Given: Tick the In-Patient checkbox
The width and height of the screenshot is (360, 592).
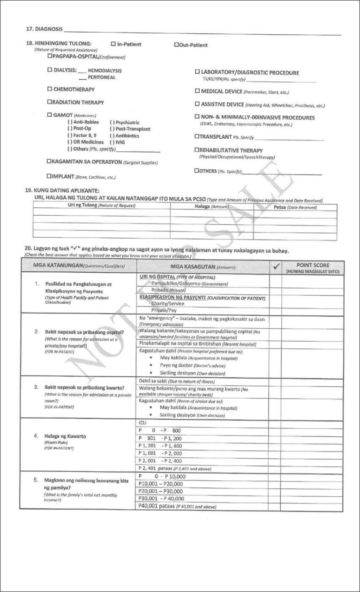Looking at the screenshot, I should (113, 44).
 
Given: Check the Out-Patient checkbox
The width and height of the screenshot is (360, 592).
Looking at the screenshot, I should (176, 45).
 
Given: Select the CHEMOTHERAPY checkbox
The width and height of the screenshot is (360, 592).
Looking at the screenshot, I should (49, 89).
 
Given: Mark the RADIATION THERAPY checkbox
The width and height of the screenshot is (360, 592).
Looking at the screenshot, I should (49, 102).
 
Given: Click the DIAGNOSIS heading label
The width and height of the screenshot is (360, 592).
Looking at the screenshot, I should (44, 29).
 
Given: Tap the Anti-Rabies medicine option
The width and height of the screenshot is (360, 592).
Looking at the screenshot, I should (83, 122).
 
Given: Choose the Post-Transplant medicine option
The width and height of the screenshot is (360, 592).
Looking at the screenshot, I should (130, 129).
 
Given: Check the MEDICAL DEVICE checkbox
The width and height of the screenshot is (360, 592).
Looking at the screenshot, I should (197, 91).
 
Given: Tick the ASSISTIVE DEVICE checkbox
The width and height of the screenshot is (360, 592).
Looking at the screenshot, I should (197, 105).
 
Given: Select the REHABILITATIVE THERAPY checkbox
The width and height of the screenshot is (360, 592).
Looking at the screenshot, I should (197, 150).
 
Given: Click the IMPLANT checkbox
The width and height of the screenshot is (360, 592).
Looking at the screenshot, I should (49, 176).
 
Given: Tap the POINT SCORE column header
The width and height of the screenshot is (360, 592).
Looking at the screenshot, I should (313, 268).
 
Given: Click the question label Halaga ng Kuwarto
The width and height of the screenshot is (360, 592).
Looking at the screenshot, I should (65, 436).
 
